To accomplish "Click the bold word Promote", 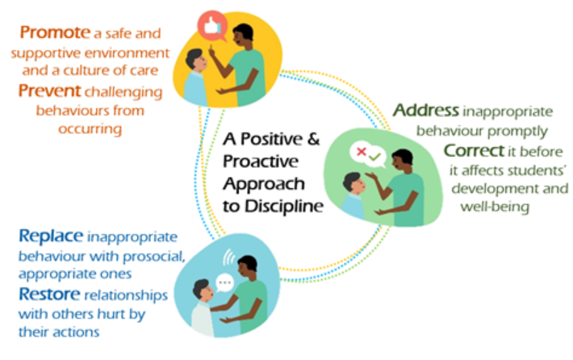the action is coord(55,32).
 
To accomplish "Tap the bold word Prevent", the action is coord(50,90).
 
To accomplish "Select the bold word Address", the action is coord(426,110).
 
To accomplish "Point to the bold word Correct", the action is coord(475,151).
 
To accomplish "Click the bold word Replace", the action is coord(51,237).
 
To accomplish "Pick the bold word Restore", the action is coord(49,294).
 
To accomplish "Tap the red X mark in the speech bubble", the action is coord(362,151).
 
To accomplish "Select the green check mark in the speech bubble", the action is coord(374,157).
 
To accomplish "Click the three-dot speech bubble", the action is coord(224,283).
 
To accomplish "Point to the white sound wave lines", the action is coord(228,257).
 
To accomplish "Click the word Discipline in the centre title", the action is coord(284,207).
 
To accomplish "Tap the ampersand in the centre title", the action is coord(313,139).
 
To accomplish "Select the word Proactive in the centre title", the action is coord(261,161).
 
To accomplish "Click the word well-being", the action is coord(495,207).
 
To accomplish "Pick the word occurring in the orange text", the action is coord(90,129).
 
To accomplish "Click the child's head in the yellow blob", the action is coord(196,61).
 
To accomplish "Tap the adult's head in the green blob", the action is coord(402,160).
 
